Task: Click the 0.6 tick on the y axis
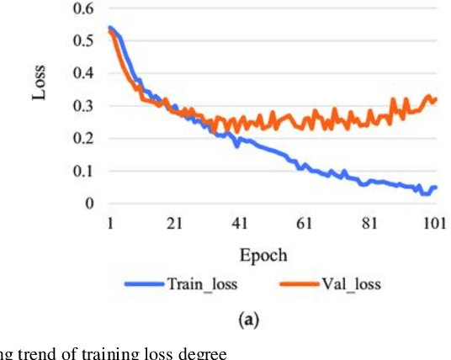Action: pos(84,9)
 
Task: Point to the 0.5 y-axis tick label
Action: pos(84,41)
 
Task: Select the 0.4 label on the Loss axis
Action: pos(84,74)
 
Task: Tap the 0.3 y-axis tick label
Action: pos(84,106)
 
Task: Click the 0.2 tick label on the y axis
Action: pos(84,139)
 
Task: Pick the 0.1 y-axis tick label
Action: pos(84,171)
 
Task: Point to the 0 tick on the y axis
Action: pos(90,203)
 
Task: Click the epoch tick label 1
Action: pos(109,223)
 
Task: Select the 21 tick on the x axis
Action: pos(174,223)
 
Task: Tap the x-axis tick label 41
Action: pos(240,223)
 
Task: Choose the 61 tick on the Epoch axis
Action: pos(305,223)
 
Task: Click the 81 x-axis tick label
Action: pos(370,223)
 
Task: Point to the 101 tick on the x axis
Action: pos(434,223)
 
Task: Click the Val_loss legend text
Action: pos(351,284)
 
